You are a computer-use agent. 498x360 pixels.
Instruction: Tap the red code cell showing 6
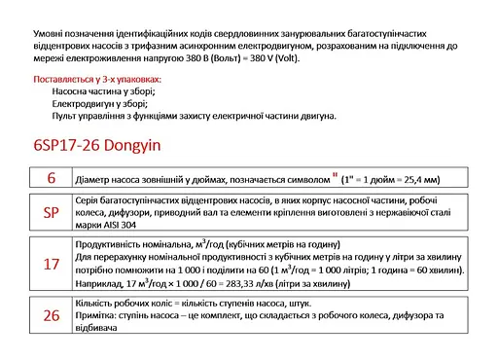click(52, 177)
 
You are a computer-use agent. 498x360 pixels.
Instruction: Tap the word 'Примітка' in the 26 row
click(98, 317)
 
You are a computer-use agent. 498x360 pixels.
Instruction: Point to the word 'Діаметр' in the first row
click(95, 179)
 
